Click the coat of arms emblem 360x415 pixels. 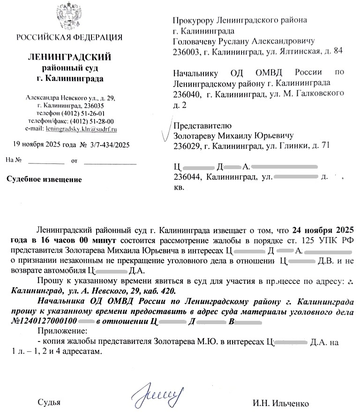point(69,17)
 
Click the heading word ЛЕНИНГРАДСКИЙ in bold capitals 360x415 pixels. point(70,58)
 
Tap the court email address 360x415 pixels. point(80,128)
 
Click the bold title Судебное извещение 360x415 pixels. point(44,179)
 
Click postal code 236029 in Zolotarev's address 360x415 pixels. point(187,146)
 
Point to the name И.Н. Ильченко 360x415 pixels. point(281,404)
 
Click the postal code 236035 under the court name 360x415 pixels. point(94,106)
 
